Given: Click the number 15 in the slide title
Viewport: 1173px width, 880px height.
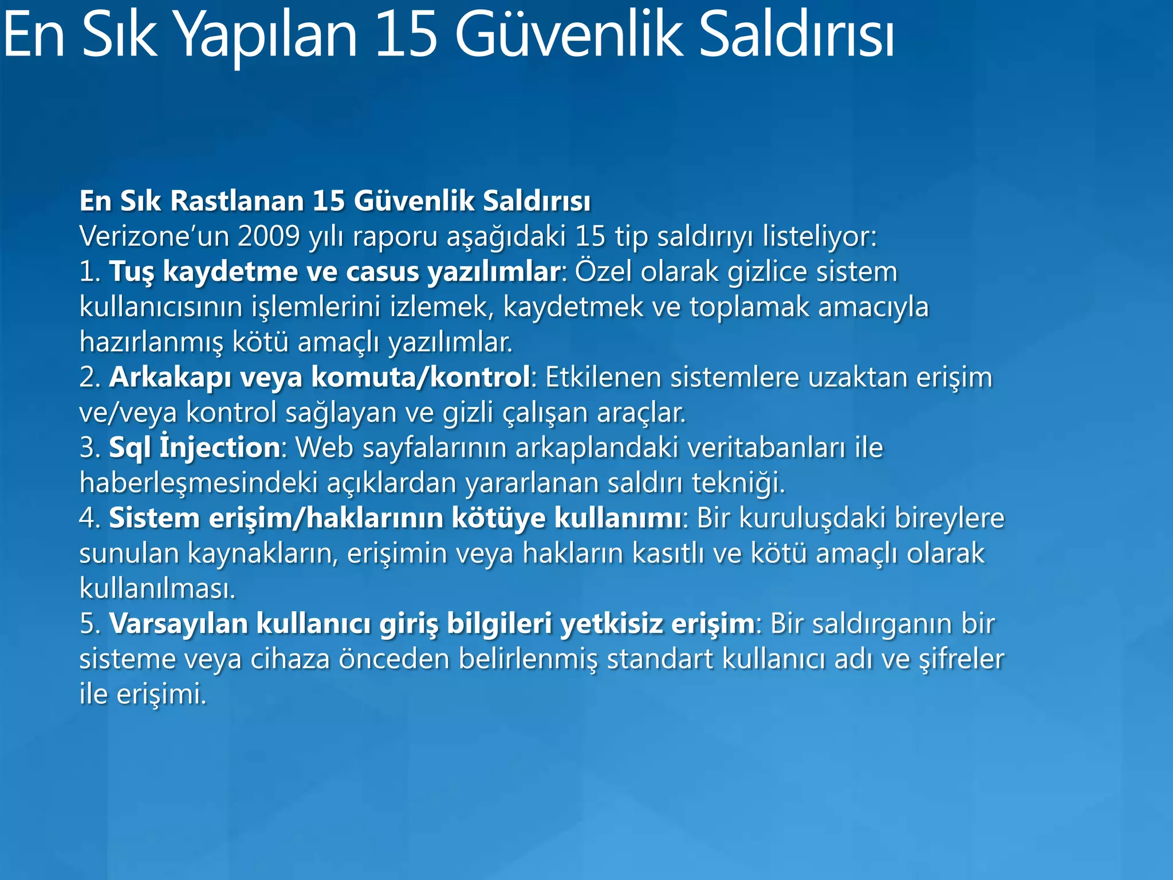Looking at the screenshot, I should [406, 36].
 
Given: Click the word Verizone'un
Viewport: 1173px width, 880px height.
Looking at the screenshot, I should [155, 236].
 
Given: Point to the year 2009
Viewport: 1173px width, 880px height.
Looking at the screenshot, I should [269, 236].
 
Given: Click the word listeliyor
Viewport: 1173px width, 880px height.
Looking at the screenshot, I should [819, 236].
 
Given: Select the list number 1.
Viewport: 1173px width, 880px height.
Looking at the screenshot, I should [89, 272].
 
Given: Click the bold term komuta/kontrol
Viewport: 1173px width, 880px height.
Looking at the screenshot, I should [420, 378].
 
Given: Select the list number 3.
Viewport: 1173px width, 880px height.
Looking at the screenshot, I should [89, 447].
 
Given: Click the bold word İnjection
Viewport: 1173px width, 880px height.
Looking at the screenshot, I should [219, 447].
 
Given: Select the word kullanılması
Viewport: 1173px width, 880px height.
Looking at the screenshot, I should [157, 588].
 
